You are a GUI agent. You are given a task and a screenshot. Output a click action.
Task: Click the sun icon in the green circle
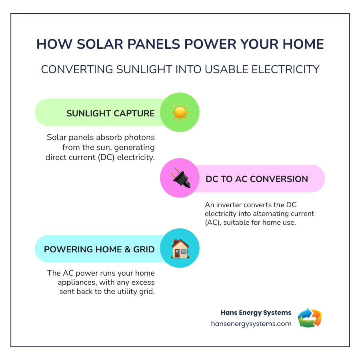click(x=180, y=112)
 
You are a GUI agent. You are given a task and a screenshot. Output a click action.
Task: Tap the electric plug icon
click(x=180, y=178)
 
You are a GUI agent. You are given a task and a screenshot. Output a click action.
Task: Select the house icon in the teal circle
click(x=180, y=248)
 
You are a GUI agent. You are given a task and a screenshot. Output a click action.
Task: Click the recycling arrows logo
click(x=310, y=318)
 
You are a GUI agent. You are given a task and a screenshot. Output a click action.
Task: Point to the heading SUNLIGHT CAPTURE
click(x=110, y=114)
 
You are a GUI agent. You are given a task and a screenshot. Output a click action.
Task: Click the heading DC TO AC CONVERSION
click(x=257, y=179)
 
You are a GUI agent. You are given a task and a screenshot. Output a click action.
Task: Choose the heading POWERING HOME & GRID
click(x=99, y=249)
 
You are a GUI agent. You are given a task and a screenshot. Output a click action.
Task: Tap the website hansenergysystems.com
click(x=251, y=324)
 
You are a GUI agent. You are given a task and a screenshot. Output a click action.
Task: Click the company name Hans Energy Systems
click(x=256, y=313)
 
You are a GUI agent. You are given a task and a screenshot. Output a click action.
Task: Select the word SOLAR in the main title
click(x=100, y=44)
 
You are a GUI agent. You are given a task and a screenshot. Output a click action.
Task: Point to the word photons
click(x=140, y=137)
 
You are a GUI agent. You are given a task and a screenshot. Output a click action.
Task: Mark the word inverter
click(x=229, y=204)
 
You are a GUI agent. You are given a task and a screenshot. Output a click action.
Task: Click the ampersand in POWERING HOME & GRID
click(x=128, y=249)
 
